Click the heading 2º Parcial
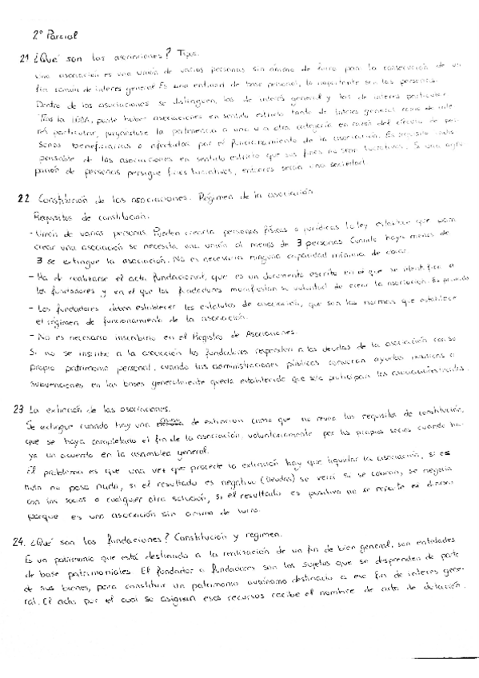pos(55,35)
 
